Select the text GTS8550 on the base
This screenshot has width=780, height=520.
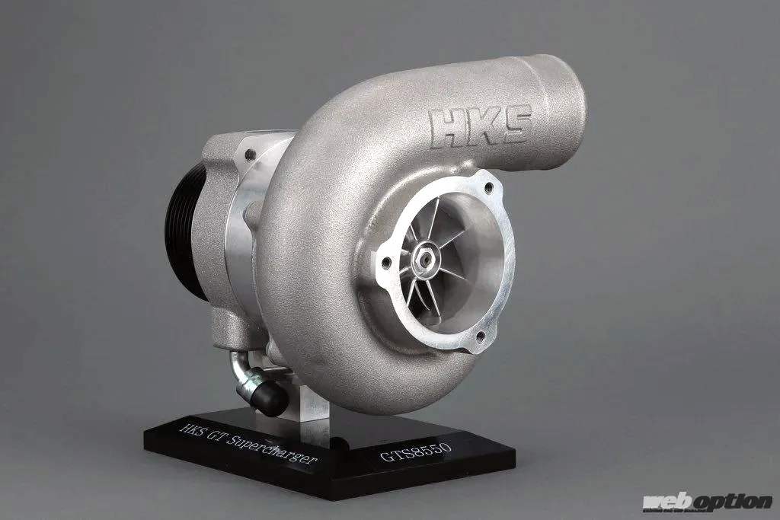416,452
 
